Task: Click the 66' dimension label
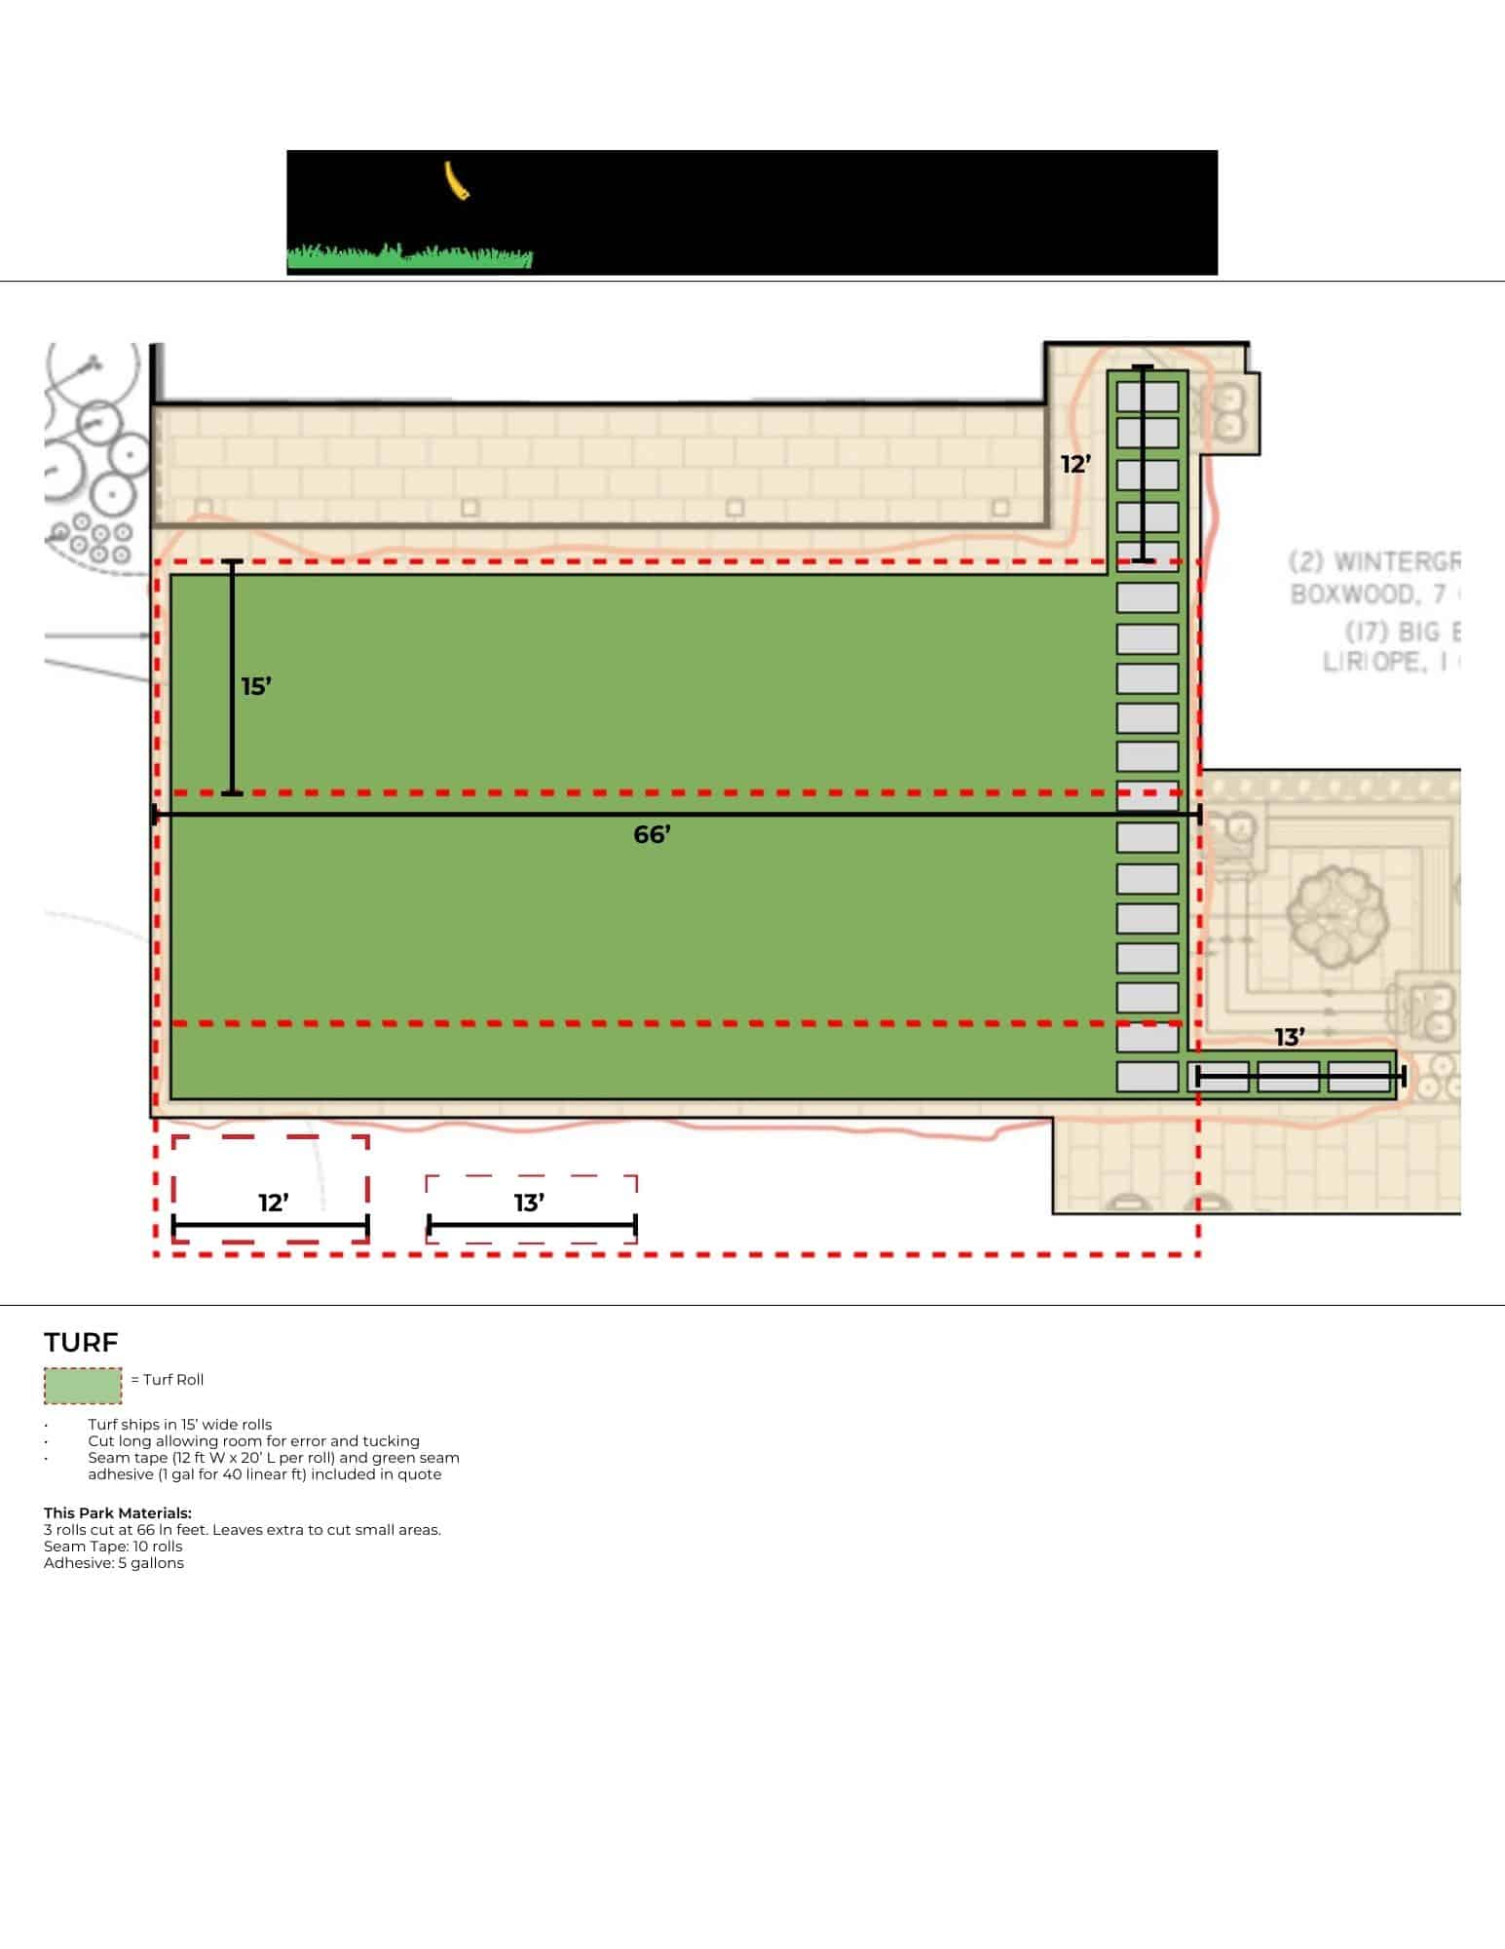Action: click(652, 835)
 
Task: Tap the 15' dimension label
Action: click(256, 687)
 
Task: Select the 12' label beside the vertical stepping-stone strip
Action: click(1075, 465)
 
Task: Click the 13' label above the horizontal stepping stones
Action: click(1290, 1038)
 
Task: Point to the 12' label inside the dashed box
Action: click(274, 1204)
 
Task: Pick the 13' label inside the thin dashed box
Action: click(529, 1204)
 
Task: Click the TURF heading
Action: click(81, 1343)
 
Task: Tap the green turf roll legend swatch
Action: click(83, 1386)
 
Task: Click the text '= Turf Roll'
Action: click(167, 1380)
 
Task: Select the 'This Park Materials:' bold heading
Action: click(118, 1513)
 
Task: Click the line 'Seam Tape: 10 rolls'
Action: click(113, 1547)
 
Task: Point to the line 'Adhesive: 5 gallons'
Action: click(114, 1563)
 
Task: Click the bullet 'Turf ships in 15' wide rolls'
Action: click(180, 1425)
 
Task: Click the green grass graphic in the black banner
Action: click(409, 257)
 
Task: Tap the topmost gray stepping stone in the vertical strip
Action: click(1148, 397)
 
